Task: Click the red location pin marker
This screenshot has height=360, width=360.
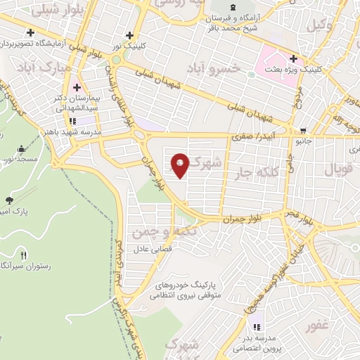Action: click(181, 165)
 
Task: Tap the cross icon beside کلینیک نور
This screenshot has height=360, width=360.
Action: click(129, 34)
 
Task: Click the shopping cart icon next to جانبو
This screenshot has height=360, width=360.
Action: click(303, 130)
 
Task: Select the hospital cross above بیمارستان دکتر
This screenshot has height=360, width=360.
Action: click(76, 88)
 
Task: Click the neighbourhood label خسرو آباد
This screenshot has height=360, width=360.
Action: click(214, 68)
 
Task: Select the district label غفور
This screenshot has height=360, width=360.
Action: click(317, 327)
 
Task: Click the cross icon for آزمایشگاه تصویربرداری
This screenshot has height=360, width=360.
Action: click(30, 32)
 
